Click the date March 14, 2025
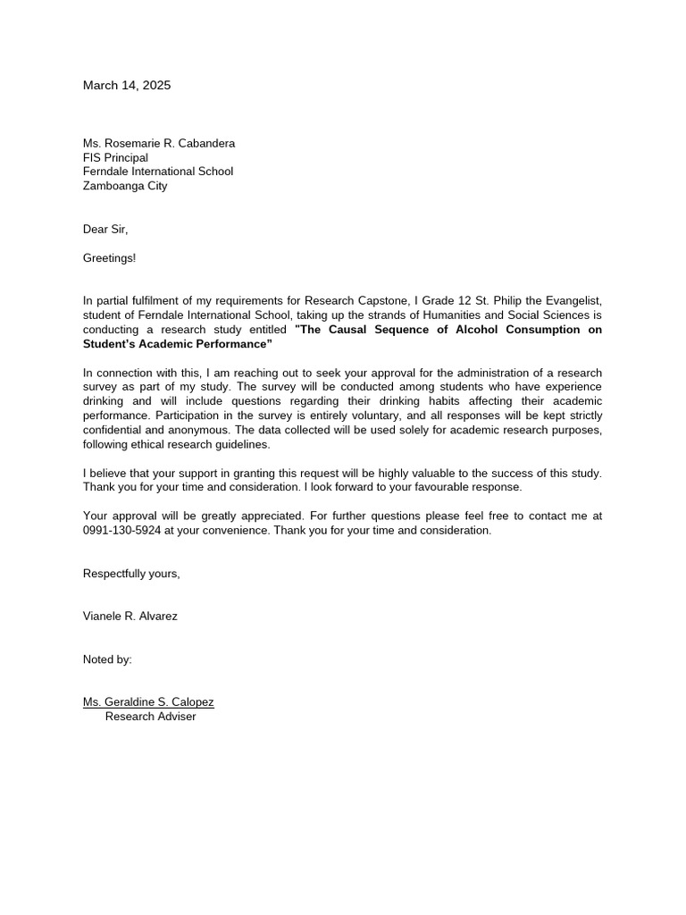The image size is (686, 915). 127,86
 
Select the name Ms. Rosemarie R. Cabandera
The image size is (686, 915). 159,143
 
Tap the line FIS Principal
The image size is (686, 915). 115,157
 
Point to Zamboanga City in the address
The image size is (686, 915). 125,186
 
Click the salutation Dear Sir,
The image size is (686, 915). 105,230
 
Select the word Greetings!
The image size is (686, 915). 110,258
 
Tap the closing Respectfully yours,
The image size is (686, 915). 131,574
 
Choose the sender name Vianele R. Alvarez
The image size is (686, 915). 130,617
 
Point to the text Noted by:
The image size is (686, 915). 107,659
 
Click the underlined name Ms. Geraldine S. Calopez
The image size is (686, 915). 148,702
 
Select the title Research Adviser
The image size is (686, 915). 150,717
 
